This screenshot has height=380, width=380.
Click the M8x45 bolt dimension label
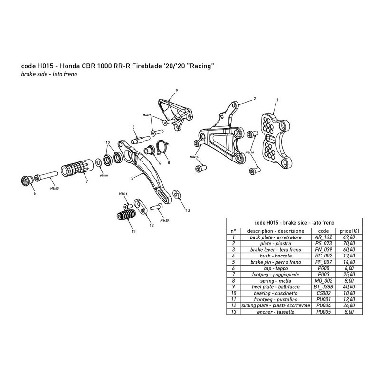tap(55, 187)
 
